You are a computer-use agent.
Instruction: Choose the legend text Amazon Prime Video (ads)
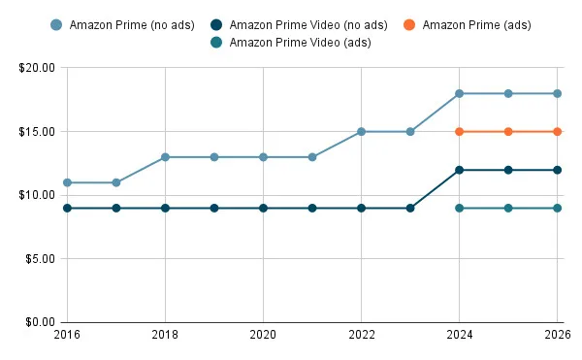(x=300, y=42)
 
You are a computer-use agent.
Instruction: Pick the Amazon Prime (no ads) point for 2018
(x=165, y=157)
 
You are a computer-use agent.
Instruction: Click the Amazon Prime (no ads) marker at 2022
(x=361, y=131)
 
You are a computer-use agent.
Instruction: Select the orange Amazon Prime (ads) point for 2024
(x=459, y=131)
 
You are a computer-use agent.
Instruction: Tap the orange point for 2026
(x=557, y=131)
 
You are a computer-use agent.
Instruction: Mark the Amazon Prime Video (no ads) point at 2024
(x=459, y=170)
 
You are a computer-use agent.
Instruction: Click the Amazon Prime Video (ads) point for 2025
(x=508, y=208)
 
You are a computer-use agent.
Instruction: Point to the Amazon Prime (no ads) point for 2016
(x=67, y=182)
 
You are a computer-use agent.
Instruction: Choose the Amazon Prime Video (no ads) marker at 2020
(x=263, y=208)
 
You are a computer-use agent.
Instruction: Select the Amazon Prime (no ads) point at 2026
(x=557, y=93)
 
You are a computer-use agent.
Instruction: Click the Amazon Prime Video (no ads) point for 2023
(x=410, y=208)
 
